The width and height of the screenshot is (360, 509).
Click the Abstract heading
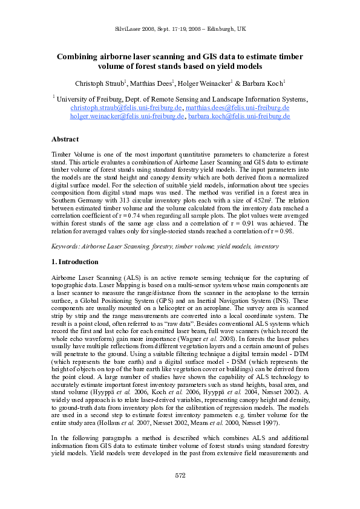pyautogui.click(x=66, y=139)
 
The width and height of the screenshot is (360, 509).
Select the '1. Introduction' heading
pyautogui.click(x=75, y=262)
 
